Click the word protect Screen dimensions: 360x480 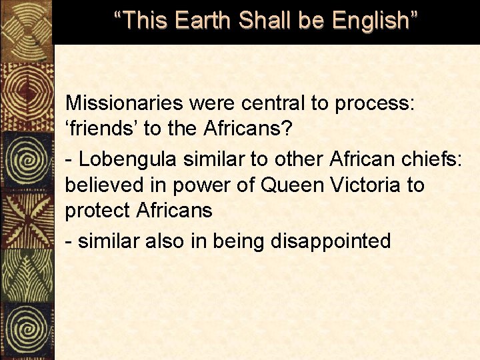click(x=97, y=211)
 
